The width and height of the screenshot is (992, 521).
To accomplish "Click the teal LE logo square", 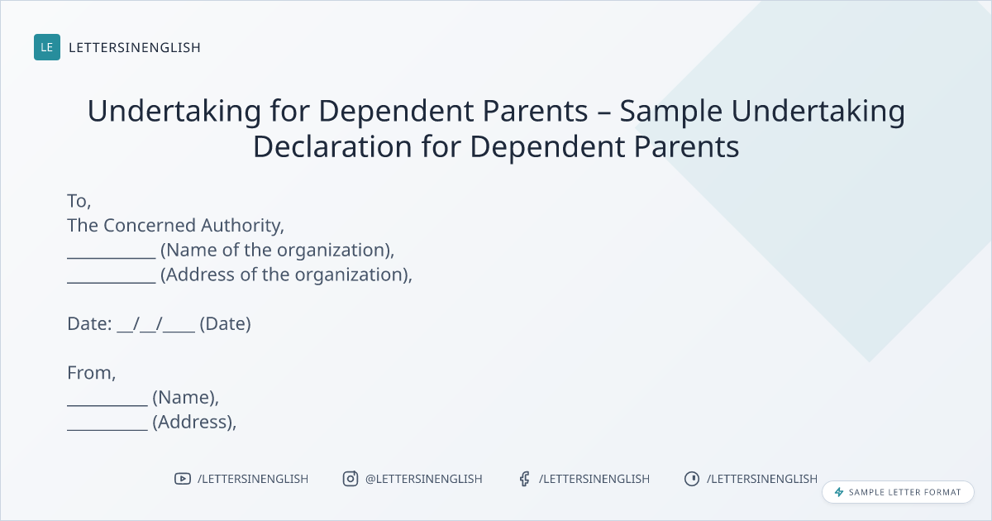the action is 47,47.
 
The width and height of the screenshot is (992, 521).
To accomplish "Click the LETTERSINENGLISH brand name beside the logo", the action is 135,47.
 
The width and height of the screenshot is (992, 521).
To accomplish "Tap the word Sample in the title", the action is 670,111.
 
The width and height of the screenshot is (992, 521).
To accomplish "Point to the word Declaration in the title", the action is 332,146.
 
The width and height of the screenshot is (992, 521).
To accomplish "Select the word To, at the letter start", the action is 79,201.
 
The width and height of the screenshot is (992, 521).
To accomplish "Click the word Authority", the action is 243,226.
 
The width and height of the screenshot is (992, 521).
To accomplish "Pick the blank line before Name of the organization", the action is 112,257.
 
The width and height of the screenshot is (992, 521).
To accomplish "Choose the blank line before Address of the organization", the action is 112,282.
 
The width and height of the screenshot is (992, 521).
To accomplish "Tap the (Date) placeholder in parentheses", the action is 226,324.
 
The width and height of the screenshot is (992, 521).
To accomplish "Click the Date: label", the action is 89,324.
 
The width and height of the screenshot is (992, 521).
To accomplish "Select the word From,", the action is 92,373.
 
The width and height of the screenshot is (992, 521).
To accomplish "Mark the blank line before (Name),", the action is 107,404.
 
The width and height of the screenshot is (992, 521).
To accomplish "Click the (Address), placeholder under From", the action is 194,423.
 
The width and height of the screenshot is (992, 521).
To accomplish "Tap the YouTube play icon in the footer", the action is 183,479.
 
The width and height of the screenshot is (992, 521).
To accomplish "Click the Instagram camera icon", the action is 351,479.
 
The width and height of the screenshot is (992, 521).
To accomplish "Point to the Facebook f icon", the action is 525,479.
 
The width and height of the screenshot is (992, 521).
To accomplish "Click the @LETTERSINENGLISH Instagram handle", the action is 424,479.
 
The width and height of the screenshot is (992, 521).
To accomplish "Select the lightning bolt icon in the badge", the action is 839,492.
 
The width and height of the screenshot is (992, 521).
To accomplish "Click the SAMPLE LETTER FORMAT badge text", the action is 904,492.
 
